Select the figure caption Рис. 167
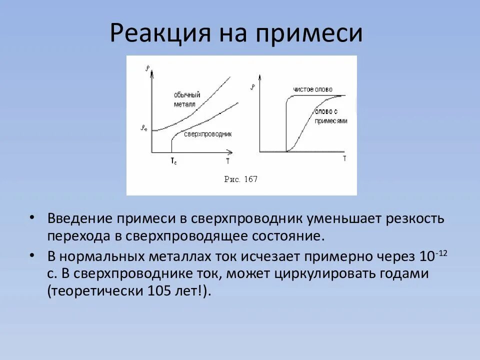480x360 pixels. [x=241, y=179]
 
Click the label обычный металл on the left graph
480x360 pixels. [x=187, y=99]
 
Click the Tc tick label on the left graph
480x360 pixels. [x=173, y=160]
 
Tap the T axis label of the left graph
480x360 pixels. [x=227, y=160]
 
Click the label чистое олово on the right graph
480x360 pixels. [x=310, y=89]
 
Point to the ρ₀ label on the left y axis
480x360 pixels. [x=144, y=128]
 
